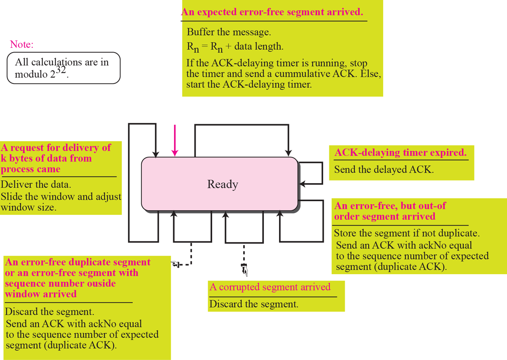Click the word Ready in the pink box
click(223, 184)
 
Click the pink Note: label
click(21, 45)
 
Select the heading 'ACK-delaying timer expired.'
click(400, 153)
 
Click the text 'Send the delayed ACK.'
click(383, 169)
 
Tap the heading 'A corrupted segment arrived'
click(270, 287)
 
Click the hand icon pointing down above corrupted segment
click(244, 269)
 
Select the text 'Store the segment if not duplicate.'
click(406, 233)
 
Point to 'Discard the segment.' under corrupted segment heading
click(253, 304)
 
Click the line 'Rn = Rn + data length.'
click(235, 47)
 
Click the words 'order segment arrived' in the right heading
click(384, 216)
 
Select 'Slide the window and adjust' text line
click(61, 196)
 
